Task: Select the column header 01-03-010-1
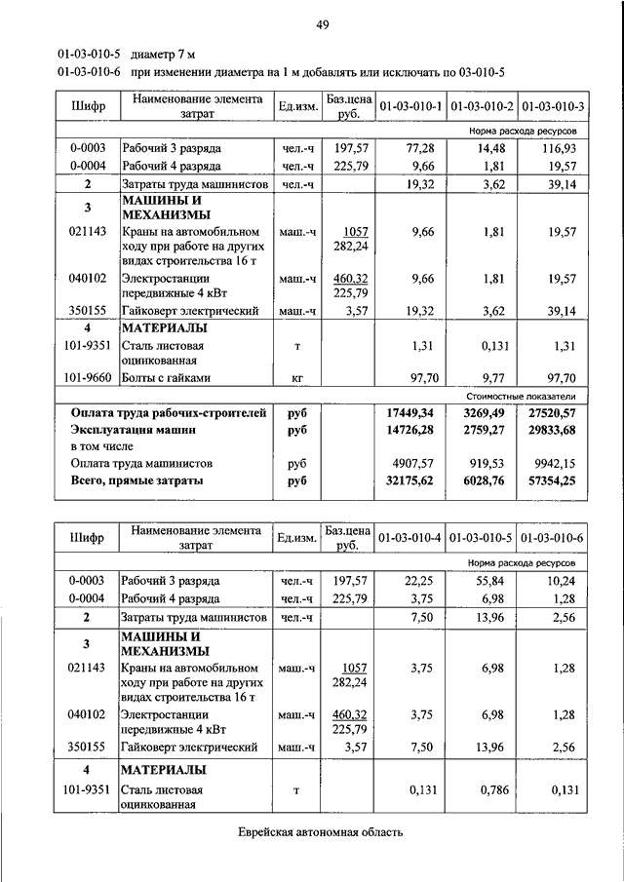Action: coord(410,105)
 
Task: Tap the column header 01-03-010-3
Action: coord(553,105)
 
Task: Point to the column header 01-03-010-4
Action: coord(410,538)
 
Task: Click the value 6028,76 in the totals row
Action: coord(482,481)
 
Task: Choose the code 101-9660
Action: coord(87,377)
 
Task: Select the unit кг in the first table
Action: coord(296,377)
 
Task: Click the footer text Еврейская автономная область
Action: coord(321,832)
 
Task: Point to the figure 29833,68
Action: coord(550,430)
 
